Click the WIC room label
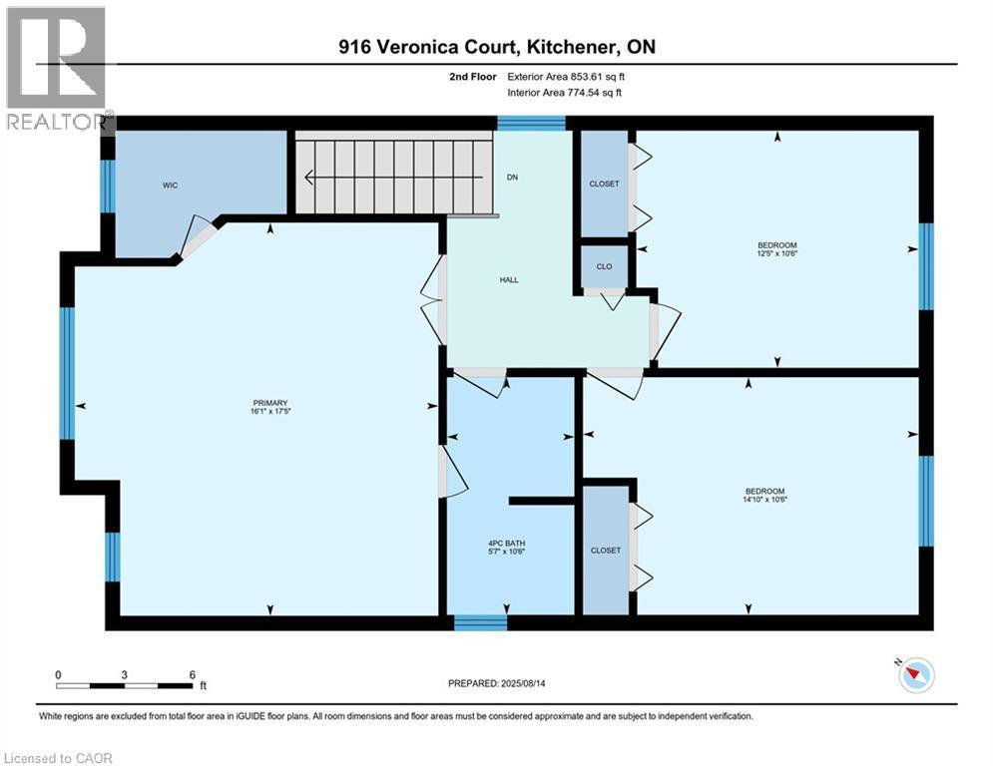pyautogui.click(x=171, y=187)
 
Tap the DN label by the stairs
pyautogui.click(x=512, y=178)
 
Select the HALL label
pyautogui.click(x=509, y=280)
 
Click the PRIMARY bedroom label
pyautogui.click(x=270, y=403)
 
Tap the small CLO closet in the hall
pyautogui.click(x=605, y=266)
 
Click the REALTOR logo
pyautogui.click(x=56, y=68)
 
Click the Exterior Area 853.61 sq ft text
pyautogui.click(x=567, y=76)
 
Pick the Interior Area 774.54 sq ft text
pyautogui.click(x=565, y=92)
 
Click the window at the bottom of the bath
pyautogui.click(x=480, y=622)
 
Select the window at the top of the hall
pyautogui.click(x=532, y=124)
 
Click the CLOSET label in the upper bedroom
pyautogui.click(x=604, y=184)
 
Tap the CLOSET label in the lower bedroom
pyautogui.click(x=606, y=551)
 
